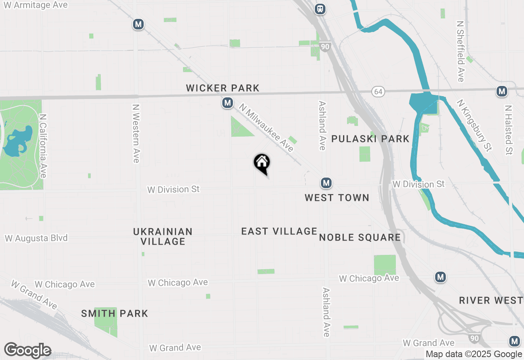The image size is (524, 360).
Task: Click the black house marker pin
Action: (x=262, y=163)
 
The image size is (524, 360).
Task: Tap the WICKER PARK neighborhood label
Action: (x=223, y=88)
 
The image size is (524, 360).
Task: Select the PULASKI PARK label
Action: (x=370, y=139)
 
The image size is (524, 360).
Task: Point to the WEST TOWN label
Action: (x=337, y=198)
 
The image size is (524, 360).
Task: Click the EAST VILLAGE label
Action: (x=279, y=231)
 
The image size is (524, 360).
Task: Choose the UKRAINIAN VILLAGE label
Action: (x=163, y=236)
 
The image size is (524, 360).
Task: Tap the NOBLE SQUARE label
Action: (x=360, y=237)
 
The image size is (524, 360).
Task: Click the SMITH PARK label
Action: (x=115, y=313)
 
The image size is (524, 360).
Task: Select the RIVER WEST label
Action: (x=491, y=300)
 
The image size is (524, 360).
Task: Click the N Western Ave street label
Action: (x=136, y=133)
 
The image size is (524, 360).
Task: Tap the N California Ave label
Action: (x=43, y=146)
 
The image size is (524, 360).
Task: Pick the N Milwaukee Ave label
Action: (x=267, y=128)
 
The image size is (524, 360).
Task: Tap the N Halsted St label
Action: (x=508, y=130)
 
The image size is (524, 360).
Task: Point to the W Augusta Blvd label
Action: (x=36, y=238)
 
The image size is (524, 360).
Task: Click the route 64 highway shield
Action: (x=378, y=92)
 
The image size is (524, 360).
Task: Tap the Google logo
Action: (x=27, y=351)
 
